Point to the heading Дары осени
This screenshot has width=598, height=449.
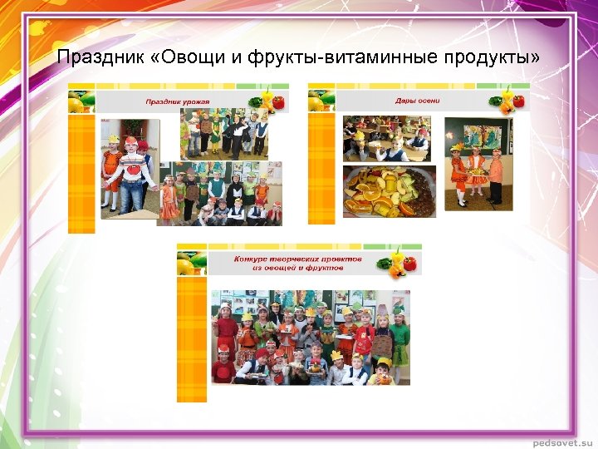tap(418, 101)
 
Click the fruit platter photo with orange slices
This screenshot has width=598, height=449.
tap(389, 190)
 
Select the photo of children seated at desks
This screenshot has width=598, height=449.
tap(386, 138)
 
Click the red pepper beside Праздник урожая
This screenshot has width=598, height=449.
tap(277, 101)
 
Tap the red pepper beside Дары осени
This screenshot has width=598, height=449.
tap(518, 101)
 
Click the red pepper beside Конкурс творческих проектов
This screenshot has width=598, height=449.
tap(409, 264)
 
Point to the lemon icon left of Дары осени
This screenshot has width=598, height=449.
tap(316, 102)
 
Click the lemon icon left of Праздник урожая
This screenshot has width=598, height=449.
tap(76, 103)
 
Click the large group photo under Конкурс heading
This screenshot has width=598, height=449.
tap(310, 337)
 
